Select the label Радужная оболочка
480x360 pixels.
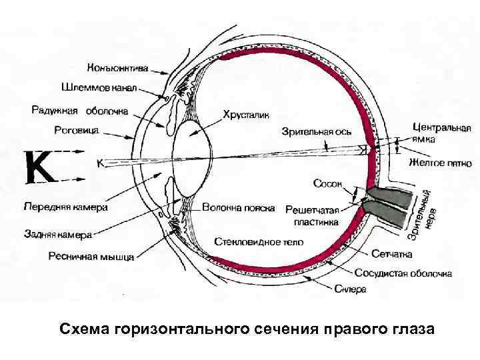[79, 110]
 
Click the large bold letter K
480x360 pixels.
[40, 167]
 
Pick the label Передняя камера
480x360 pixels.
[65, 207]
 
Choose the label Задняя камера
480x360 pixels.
[58, 234]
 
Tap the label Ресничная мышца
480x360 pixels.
[90, 255]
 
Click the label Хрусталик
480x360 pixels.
[247, 115]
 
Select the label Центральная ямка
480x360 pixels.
[442, 133]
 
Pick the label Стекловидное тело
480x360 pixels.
[259, 241]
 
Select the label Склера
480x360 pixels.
[350, 289]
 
